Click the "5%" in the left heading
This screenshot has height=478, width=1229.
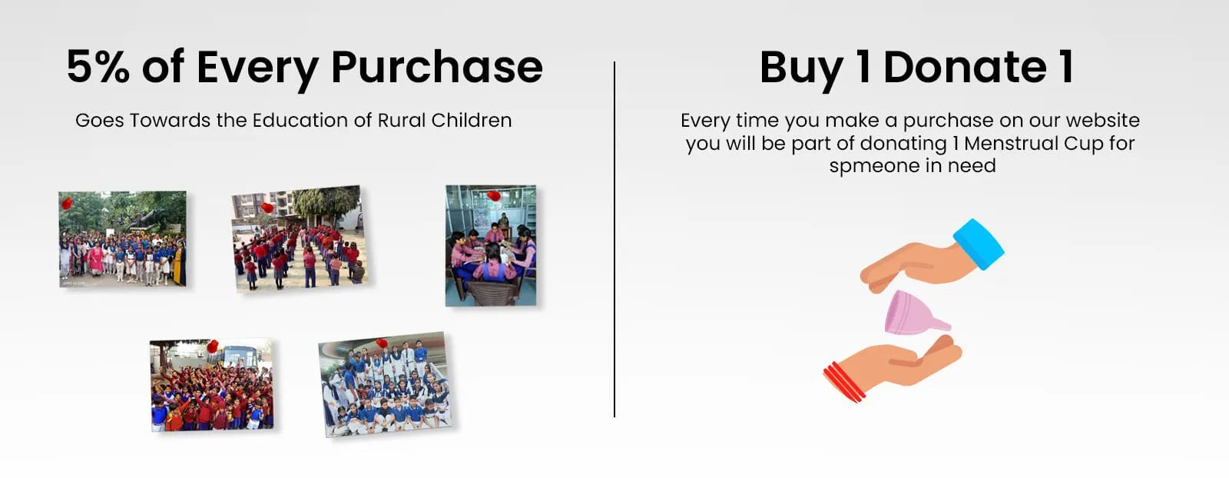pyautogui.click(x=98, y=66)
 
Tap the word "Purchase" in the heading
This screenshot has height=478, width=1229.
pyautogui.click(x=437, y=66)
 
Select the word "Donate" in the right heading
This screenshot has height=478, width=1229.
pyautogui.click(x=965, y=67)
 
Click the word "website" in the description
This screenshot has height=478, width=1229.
pyautogui.click(x=1103, y=120)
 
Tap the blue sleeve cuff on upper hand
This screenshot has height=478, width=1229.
pyautogui.click(x=979, y=244)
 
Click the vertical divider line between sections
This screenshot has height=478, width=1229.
pyautogui.click(x=614, y=239)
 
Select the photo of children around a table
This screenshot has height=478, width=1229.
pyautogui.click(x=491, y=245)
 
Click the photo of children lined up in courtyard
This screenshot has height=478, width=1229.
pyautogui.click(x=300, y=239)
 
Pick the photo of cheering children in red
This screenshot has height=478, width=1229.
pyautogui.click(x=212, y=385)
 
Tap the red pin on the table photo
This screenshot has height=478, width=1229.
pyautogui.click(x=493, y=195)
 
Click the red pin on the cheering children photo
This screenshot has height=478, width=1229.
pyautogui.click(x=212, y=347)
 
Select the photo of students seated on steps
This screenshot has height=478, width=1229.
pyautogui.click(x=385, y=384)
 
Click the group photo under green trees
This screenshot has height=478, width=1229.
pyautogui.click(x=122, y=239)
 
